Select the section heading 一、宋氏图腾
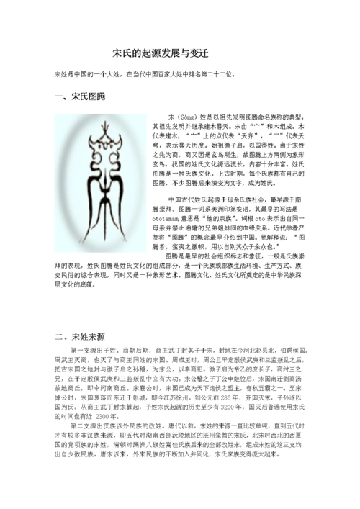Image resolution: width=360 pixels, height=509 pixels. tap(80, 97)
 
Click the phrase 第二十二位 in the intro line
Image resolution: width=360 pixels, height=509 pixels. tap(213, 74)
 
